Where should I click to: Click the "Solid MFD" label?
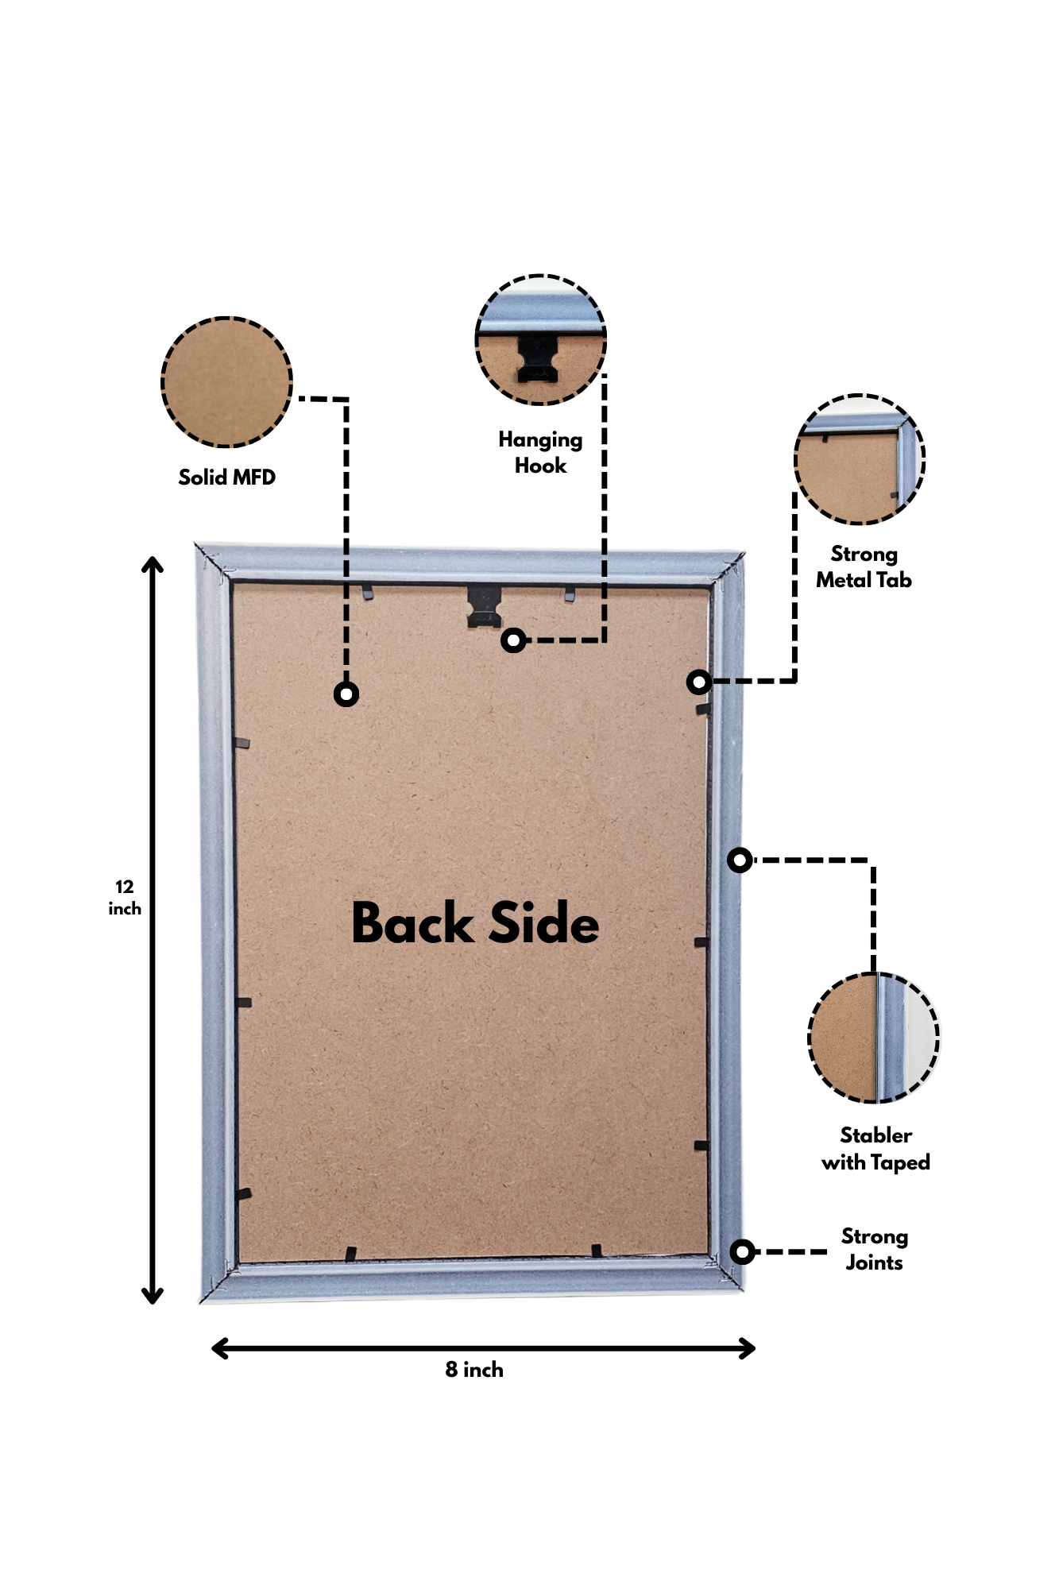coord(226,477)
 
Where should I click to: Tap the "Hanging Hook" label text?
coord(540,452)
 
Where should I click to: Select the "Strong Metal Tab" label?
coord(864,566)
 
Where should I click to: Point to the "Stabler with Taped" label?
coord(875,1149)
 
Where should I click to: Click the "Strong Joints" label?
coord(874,1249)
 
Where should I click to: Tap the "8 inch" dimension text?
coord(474,1370)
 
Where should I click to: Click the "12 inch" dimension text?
coord(125,898)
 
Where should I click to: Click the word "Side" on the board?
coord(544,923)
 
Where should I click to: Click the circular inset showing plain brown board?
coord(227,382)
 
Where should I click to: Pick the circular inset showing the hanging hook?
coord(540,340)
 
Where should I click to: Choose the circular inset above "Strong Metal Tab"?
coord(860,459)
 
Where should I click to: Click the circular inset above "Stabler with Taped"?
coord(874,1037)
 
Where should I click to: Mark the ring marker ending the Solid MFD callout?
coord(346,694)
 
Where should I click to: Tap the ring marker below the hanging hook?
coord(514,640)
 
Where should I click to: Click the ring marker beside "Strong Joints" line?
coord(742,1252)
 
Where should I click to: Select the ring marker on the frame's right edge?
coord(740,860)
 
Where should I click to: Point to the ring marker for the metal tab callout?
coord(699,682)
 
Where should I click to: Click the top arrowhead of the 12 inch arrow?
coord(153,563)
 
